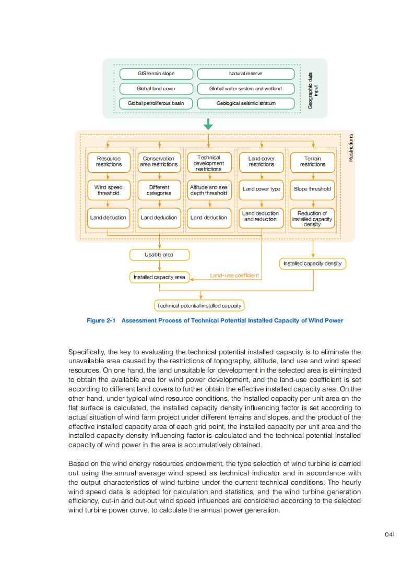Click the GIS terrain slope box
[x=156, y=74]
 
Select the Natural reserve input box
[x=245, y=74]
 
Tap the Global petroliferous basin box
[x=156, y=103]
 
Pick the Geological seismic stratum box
[x=245, y=103]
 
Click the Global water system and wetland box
[x=245, y=89]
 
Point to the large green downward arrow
[x=208, y=124]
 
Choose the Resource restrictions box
[x=108, y=161]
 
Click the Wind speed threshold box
[x=108, y=190]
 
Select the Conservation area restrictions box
[x=159, y=161]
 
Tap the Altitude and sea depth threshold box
[x=209, y=190]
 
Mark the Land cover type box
[x=261, y=189]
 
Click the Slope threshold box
[x=312, y=189]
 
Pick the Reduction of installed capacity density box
[x=312, y=219]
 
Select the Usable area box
[x=159, y=255]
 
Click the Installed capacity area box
[x=159, y=277]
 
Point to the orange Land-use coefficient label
[x=234, y=275]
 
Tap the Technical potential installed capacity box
[x=199, y=305]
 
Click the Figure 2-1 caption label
[x=215, y=320]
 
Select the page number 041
[x=389, y=534]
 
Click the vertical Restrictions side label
[x=350, y=148]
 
